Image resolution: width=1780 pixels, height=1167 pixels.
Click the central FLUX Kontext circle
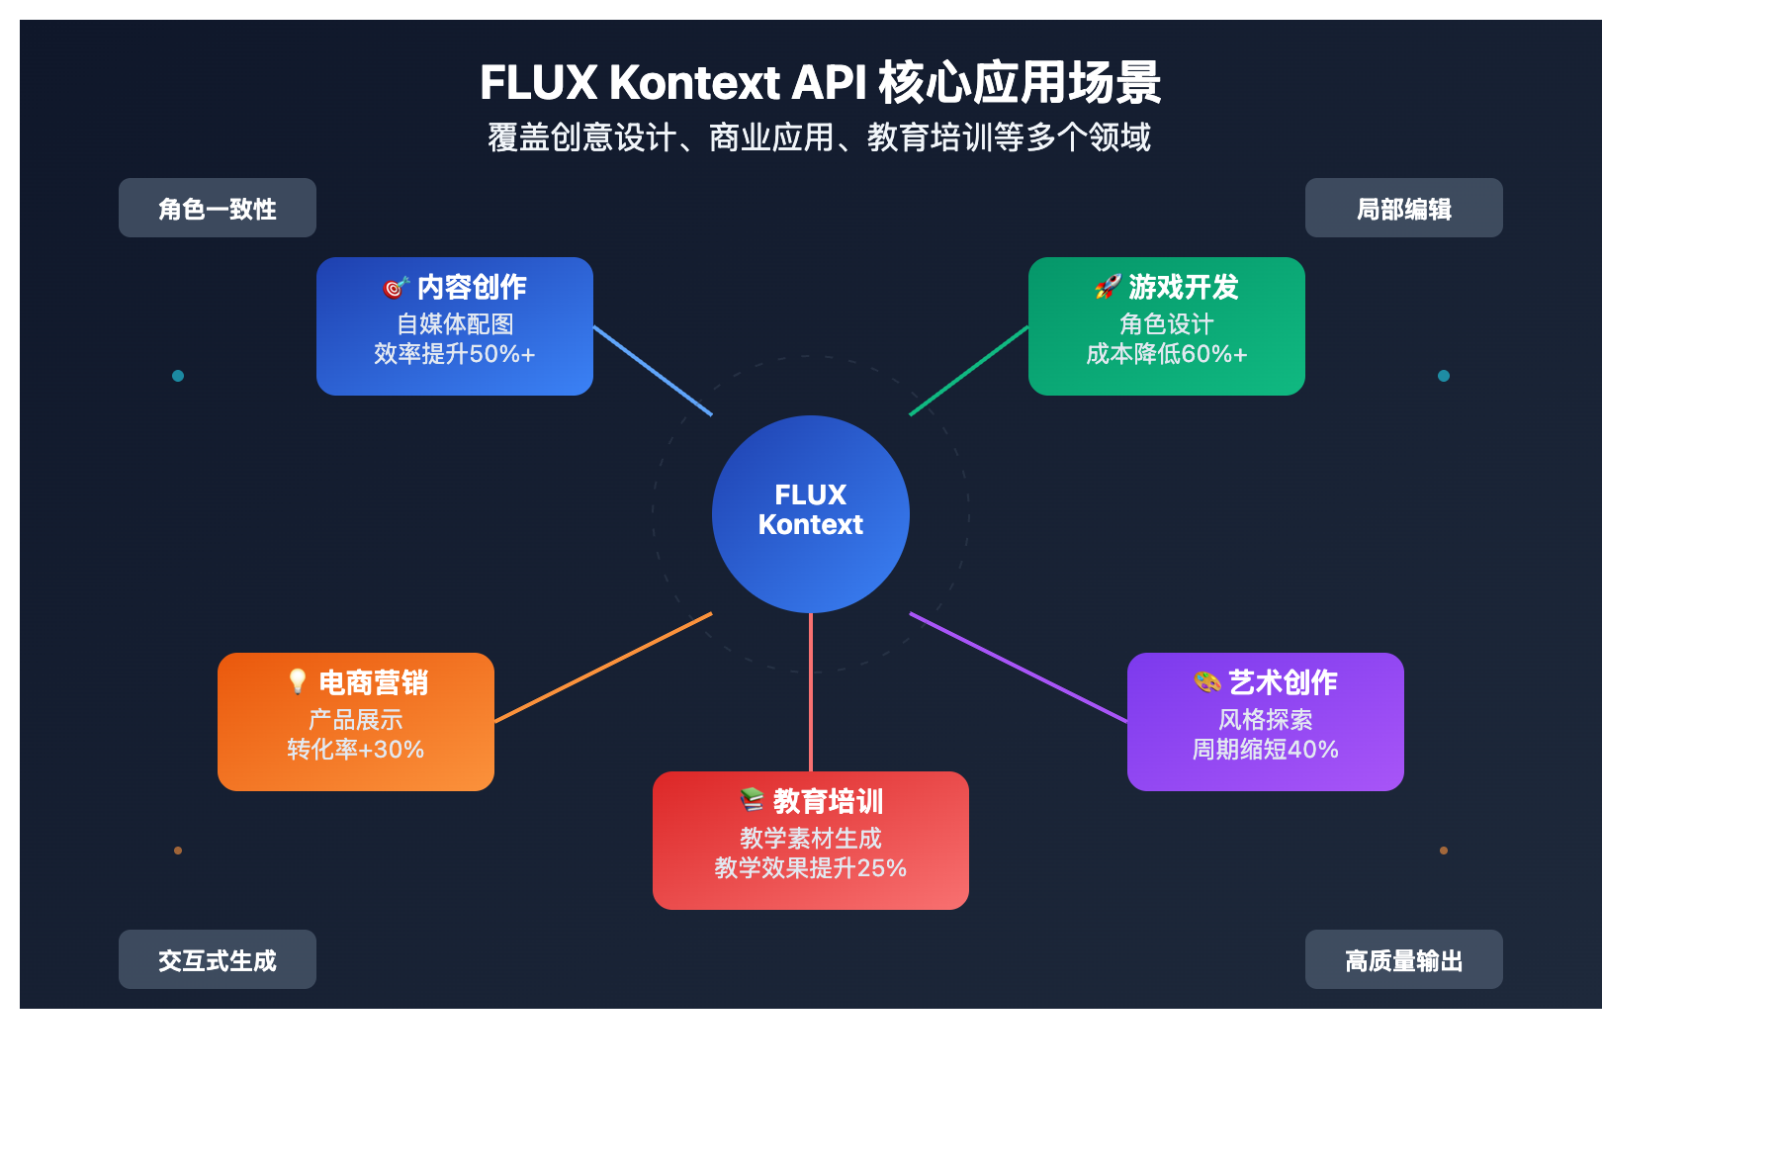pyautogui.click(x=811, y=513)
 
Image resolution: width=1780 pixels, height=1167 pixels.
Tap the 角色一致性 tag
pyautogui.click(x=218, y=209)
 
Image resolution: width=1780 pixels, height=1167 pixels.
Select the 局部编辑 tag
pyautogui.click(x=1403, y=209)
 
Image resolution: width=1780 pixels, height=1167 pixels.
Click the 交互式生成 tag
pyautogui.click(x=218, y=960)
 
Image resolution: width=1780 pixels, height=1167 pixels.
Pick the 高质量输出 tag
pyautogui.click(x=1403, y=960)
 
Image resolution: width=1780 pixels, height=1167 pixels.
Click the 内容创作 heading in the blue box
pyautogui.click(x=472, y=287)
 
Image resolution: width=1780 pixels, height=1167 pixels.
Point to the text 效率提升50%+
pyautogui.click(x=455, y=354)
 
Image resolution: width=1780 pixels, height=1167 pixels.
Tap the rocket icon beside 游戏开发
pyautogui.click(x=1108, y=287)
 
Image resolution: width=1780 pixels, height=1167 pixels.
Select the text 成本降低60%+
pyautogui.click(x=1167, y=354)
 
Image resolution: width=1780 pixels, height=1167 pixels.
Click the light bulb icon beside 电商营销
pyautogui.click(x=298, y=681)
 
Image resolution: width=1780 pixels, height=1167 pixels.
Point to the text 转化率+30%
pyautogui.click(x=356, y=750)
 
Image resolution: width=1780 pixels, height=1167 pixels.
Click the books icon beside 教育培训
pyautogui.click(x=752, y=800)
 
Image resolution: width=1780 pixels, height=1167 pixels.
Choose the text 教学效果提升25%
pyautogui.click(x=811, y=868)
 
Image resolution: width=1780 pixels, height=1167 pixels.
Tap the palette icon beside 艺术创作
pyautogui.click(x=1207, y=681)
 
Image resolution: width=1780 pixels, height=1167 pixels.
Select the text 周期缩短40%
pyautogui.click(x=1266, y=750)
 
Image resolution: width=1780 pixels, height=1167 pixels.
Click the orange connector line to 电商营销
pyautogui.click(x=603, y=668)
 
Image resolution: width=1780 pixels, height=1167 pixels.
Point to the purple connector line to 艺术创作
pyautogui.click(x=1019, y=668)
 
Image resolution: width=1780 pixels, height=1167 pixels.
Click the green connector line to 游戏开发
pyautogui.click(x=969, y=371)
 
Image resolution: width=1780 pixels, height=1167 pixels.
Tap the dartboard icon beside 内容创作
pyautogui.click(x=396, y=287)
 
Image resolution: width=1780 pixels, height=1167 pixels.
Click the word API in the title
pyautogui.click(x=829, y=82)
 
